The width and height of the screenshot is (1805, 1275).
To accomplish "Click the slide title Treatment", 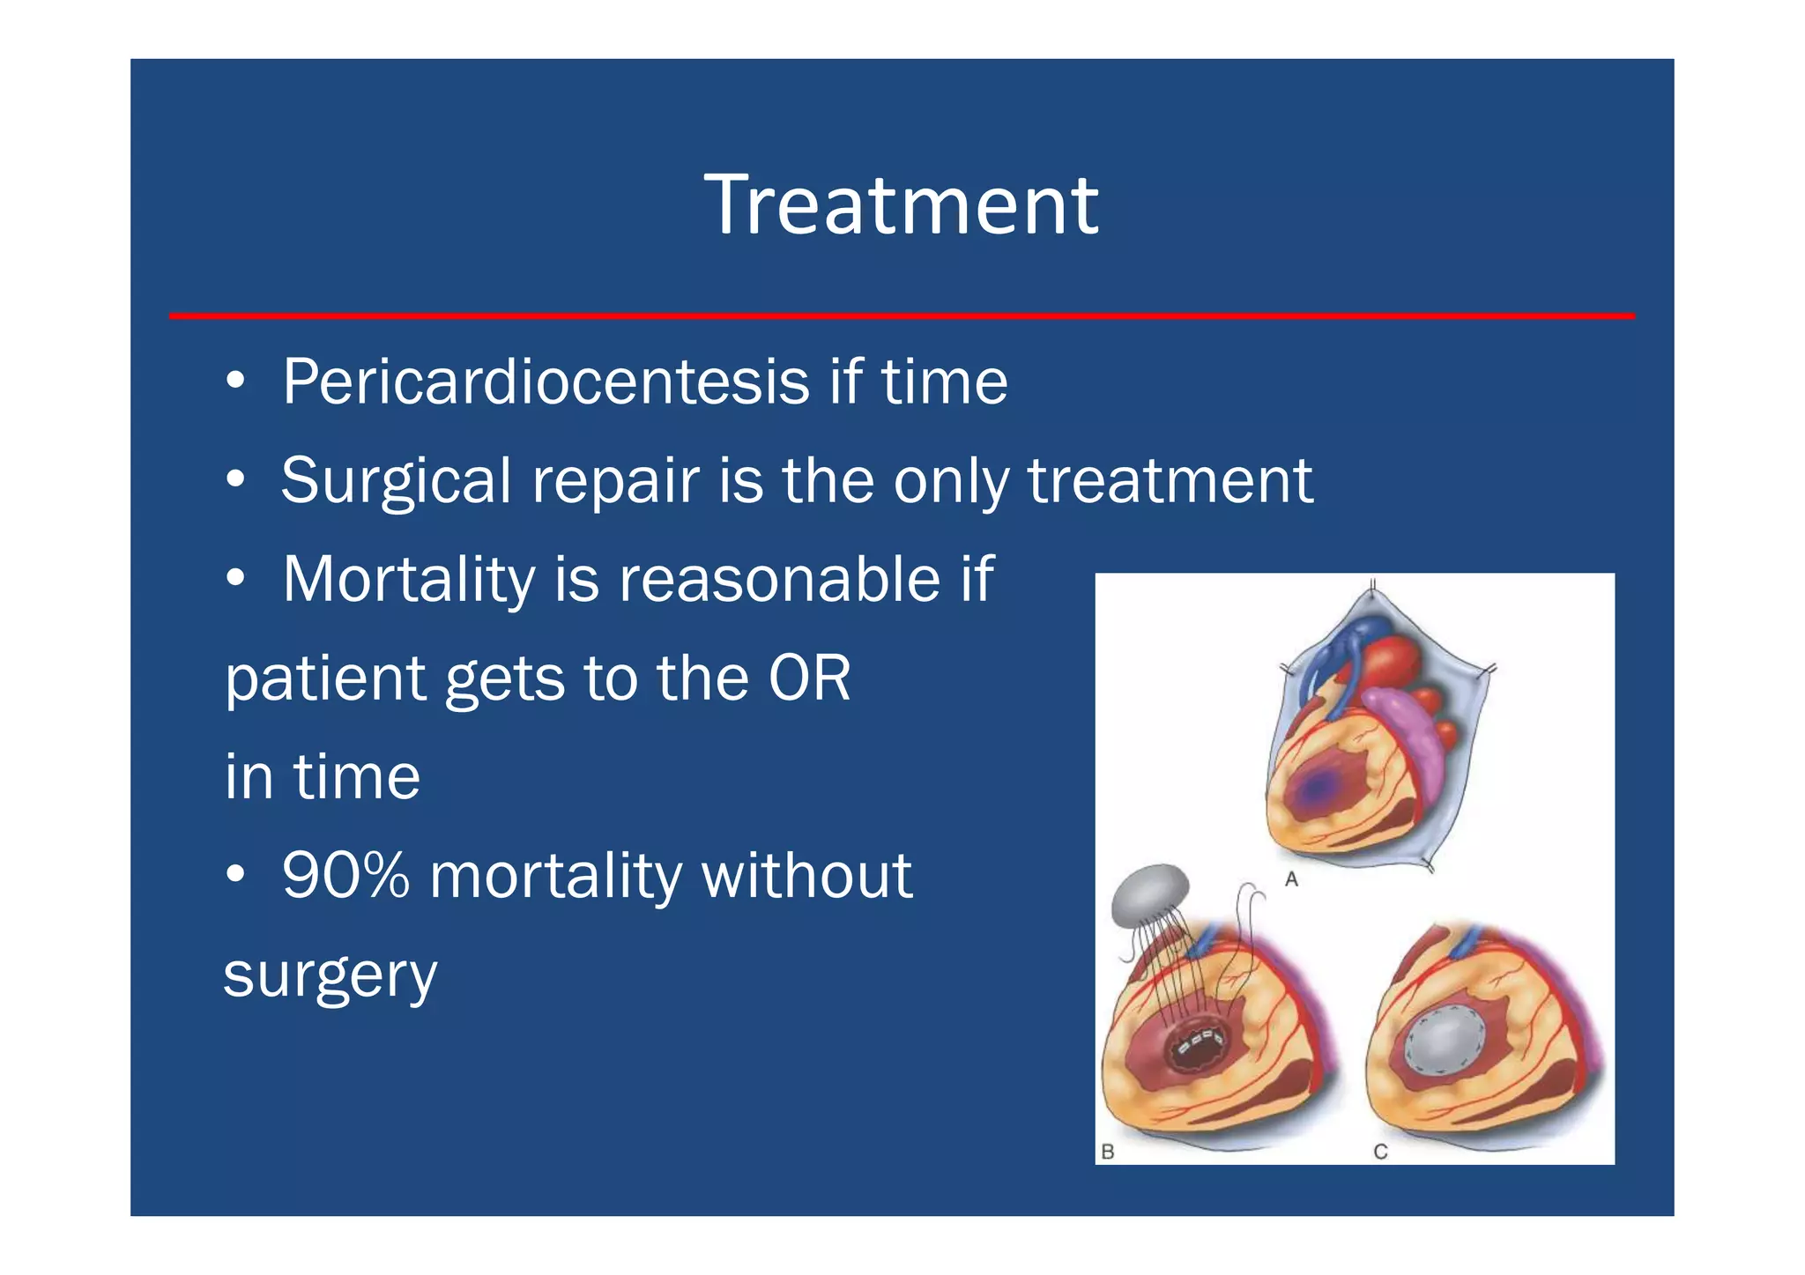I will pos(901,205).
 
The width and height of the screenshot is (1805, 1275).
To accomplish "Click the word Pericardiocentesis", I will pos(546,382).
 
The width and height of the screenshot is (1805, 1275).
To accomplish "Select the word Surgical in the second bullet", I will pos(396,481).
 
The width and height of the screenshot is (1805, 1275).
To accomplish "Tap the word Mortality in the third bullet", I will pos(409,580).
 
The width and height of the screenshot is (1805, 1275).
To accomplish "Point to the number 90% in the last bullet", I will pos(345,876).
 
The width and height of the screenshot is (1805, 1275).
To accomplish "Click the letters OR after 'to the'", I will pos(809,678).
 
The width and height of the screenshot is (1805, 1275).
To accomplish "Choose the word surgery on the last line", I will pos(330,976).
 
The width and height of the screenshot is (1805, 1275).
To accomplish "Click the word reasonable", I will pos(779,580).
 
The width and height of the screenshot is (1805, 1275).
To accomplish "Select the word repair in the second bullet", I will pos(615,481).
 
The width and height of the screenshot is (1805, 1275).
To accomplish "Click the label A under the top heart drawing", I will pos(1291,878).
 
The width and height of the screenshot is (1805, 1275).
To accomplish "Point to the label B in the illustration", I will pos(1109,1151).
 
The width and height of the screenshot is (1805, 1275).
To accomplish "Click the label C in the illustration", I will pos(1380,1151).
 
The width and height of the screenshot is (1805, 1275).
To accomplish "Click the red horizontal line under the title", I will pos(901,315).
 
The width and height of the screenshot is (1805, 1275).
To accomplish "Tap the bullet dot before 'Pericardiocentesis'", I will pos(234,382).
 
